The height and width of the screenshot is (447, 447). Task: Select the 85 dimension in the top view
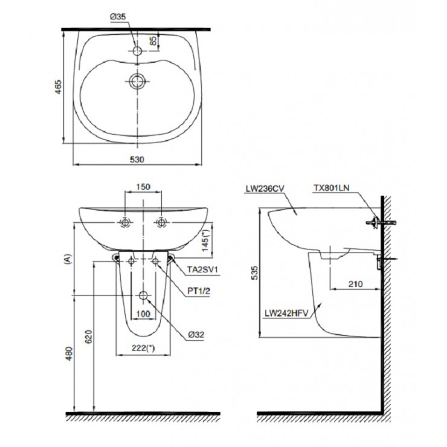[153, 42]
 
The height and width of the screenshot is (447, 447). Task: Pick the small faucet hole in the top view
[138, 52]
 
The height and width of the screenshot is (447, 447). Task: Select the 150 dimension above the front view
[143, 187]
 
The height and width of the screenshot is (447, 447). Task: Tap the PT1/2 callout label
[198, 291]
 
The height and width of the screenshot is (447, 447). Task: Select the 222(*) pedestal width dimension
[144, 349]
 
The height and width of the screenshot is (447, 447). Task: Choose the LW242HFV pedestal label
[286, 314]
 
